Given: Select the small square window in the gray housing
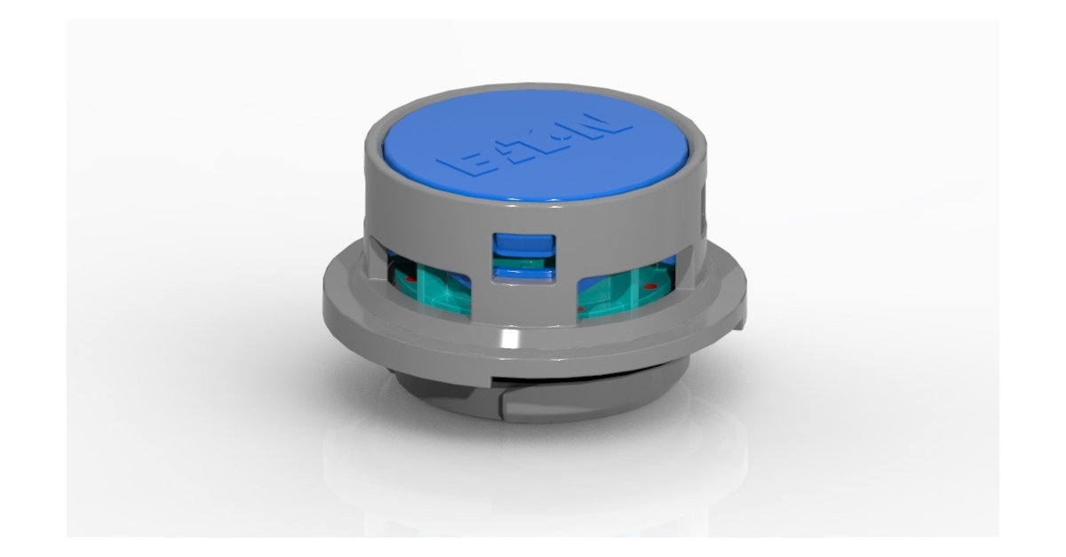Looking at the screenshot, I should coord(523,257).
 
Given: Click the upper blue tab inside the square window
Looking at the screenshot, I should coord(523,243).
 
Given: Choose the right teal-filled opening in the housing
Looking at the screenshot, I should coord(626,289).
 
